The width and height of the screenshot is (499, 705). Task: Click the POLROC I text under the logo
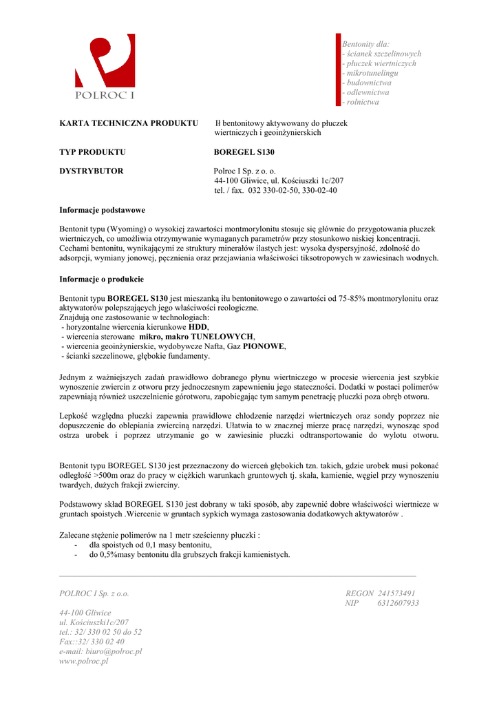click(x=105, y=95)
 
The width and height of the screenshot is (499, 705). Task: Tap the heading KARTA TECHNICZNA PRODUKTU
click(x=129, y=123)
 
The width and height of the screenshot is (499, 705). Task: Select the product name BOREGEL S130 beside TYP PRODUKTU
click(x=244, y=151)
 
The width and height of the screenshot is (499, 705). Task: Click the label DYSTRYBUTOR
click(x=92, y=171)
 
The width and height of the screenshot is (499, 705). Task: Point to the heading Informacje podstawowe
click(x=102, y=210)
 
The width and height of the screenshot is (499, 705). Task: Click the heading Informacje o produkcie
click(x=101, y=279)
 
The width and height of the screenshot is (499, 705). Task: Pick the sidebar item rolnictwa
click(x=363, y=102)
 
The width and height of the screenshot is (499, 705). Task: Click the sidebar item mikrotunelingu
click(x=372, y=73)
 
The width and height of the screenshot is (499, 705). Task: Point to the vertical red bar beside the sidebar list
click(x=339, y=69)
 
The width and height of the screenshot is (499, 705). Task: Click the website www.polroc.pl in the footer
click(x=84, y=661)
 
